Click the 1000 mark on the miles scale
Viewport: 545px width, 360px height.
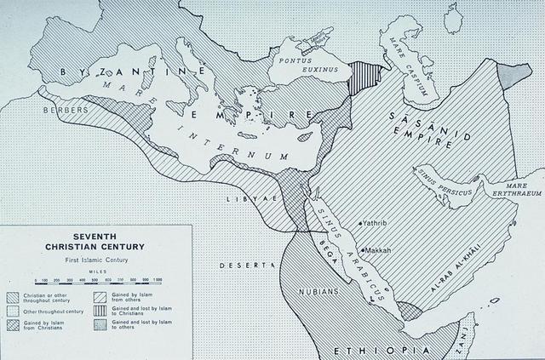coord(158,279)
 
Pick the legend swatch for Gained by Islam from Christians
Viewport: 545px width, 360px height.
coord(13,326)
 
